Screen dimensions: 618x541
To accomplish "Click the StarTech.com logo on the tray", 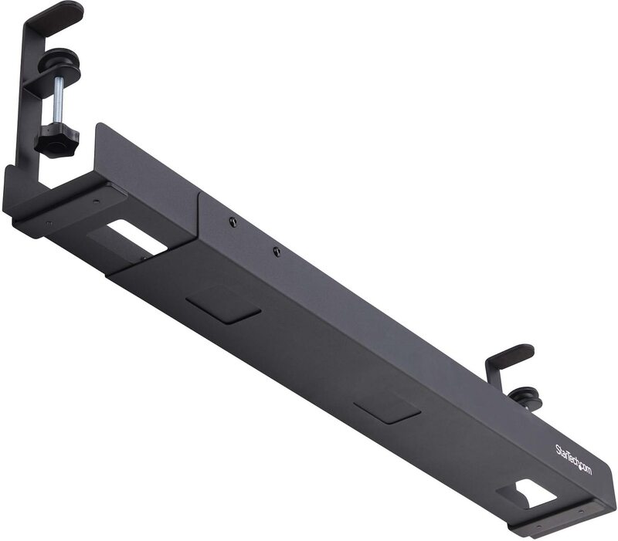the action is [x=573, y=459].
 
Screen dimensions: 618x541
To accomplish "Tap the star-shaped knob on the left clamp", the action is [x=56, y=141].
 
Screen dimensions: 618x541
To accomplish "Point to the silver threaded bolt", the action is [x=59, y=101].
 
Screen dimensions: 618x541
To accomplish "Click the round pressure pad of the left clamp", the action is [x=59, y=60].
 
